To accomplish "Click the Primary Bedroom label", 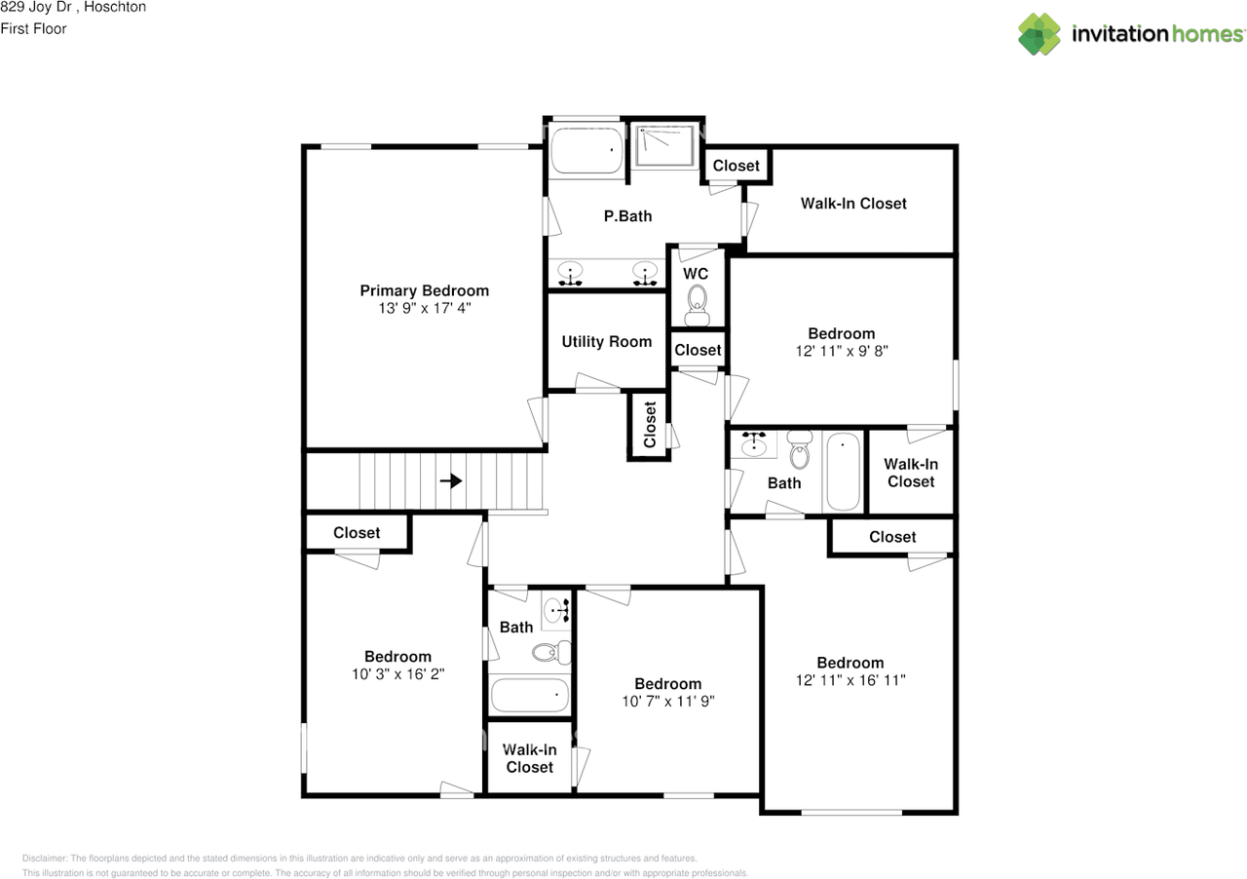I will coord(424,290).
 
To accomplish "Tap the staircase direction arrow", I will coord(450,480).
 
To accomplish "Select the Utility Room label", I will coord(606,342).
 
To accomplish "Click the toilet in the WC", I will coord(696,311).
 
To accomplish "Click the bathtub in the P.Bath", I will coord(587,152).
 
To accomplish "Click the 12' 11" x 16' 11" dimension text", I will coord(850,680).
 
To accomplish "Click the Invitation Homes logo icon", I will coord(1039,34).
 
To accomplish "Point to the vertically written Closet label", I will coord(650,425).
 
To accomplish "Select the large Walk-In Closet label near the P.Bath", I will coord(853,204).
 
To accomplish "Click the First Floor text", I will coord(34,28).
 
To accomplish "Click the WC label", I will coord(695,274).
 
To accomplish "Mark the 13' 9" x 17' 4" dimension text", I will coord(424,308).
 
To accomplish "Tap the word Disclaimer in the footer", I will coord(43,859).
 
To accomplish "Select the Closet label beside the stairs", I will coord(357,533).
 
